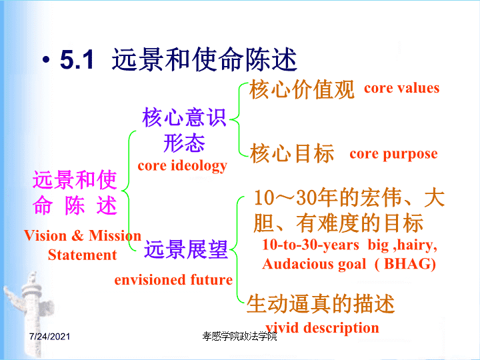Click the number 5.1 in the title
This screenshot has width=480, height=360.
(x=77, y=59)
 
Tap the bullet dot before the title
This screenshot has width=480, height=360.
(x=46, y=60)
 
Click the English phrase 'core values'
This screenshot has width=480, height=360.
(x=401, y=88)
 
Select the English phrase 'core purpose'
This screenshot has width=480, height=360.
(x=394, y=154)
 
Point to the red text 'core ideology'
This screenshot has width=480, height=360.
(x=183, y=166)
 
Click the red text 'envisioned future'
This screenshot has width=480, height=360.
(x=173, y=280)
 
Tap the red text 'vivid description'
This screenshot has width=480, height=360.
(x=323, y=328)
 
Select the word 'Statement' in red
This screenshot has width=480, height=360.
(x=83, y=255)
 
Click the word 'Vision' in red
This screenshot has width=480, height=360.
(x=45, y=236)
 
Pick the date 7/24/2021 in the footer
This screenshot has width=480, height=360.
(x=49, y=337)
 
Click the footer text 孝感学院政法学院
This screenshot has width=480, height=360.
(x=240, y=337)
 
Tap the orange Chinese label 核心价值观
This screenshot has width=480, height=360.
(x=302, y=89)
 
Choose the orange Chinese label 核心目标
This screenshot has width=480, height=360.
(x=292, y=153)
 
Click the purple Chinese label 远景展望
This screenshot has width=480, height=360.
(x=186, y=249)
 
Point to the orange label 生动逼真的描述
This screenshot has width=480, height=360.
(x=321, y=304)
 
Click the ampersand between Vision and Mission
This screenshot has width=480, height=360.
(x=78, y=236)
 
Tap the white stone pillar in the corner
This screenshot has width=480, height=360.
(x=31, y=312)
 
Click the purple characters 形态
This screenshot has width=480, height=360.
(x=184, y=143)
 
